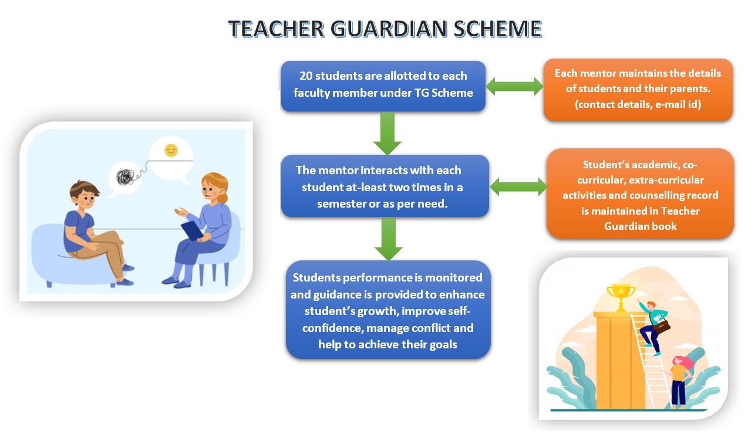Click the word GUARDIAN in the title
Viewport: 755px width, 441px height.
coord(389,29)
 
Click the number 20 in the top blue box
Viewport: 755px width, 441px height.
coord(306,76)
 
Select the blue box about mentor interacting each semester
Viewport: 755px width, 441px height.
coord(385,186)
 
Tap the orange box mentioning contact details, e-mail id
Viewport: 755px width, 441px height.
coord(638,89)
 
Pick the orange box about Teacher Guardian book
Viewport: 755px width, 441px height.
coord(640,194)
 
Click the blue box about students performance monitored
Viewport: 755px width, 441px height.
coord(388,310)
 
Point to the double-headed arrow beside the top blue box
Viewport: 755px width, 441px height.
coord(514,86)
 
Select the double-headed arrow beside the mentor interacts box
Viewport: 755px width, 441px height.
coord(518,186)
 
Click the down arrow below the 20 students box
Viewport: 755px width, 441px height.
coord(387,133)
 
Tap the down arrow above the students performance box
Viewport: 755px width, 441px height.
coord(388,239)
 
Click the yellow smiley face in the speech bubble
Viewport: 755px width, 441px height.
coord(171,150)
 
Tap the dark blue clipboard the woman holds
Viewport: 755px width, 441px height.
coord(193,230)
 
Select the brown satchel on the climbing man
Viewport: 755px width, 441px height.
coord(661,326)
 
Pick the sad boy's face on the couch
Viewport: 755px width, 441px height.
coord(86,199)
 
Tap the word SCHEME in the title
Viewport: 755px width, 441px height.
coord(497,29)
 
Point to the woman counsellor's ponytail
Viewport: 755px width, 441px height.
coord(223,195)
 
